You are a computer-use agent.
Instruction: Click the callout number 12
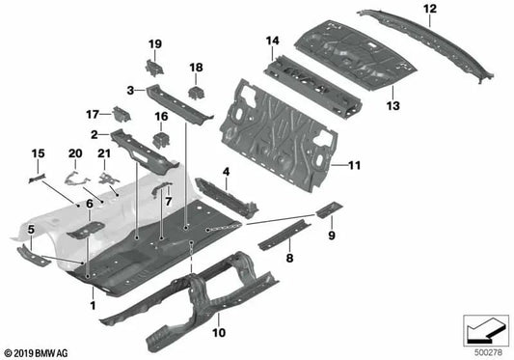point(402,9)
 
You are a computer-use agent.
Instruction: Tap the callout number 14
point(272,41)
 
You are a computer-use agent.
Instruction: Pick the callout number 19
point(154,44)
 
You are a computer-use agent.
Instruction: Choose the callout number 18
point(196,67)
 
